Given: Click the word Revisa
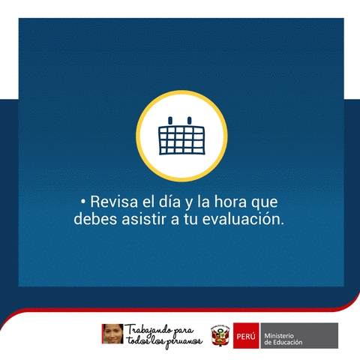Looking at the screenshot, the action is (114, 202).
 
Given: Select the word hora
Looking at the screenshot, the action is (230, 201).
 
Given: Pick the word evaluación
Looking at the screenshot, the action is (243, 219).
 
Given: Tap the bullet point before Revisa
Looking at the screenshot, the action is (83, 202).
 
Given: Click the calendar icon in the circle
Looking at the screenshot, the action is (181, 136).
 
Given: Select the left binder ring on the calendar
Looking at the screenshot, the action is (170, 121).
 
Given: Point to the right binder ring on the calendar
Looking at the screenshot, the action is (190, 121).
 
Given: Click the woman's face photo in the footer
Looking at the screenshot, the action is (112, 334).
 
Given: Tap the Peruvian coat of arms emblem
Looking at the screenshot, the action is (220, 336).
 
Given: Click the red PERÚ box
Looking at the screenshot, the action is (246, 335).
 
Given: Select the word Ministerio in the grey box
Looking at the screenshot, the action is (279, 336).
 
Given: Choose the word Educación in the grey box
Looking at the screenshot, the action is (286, 342).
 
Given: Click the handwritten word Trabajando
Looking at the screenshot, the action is (148, 331).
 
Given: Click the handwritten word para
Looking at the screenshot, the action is (184, 331).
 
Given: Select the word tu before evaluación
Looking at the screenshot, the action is (190, 219).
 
